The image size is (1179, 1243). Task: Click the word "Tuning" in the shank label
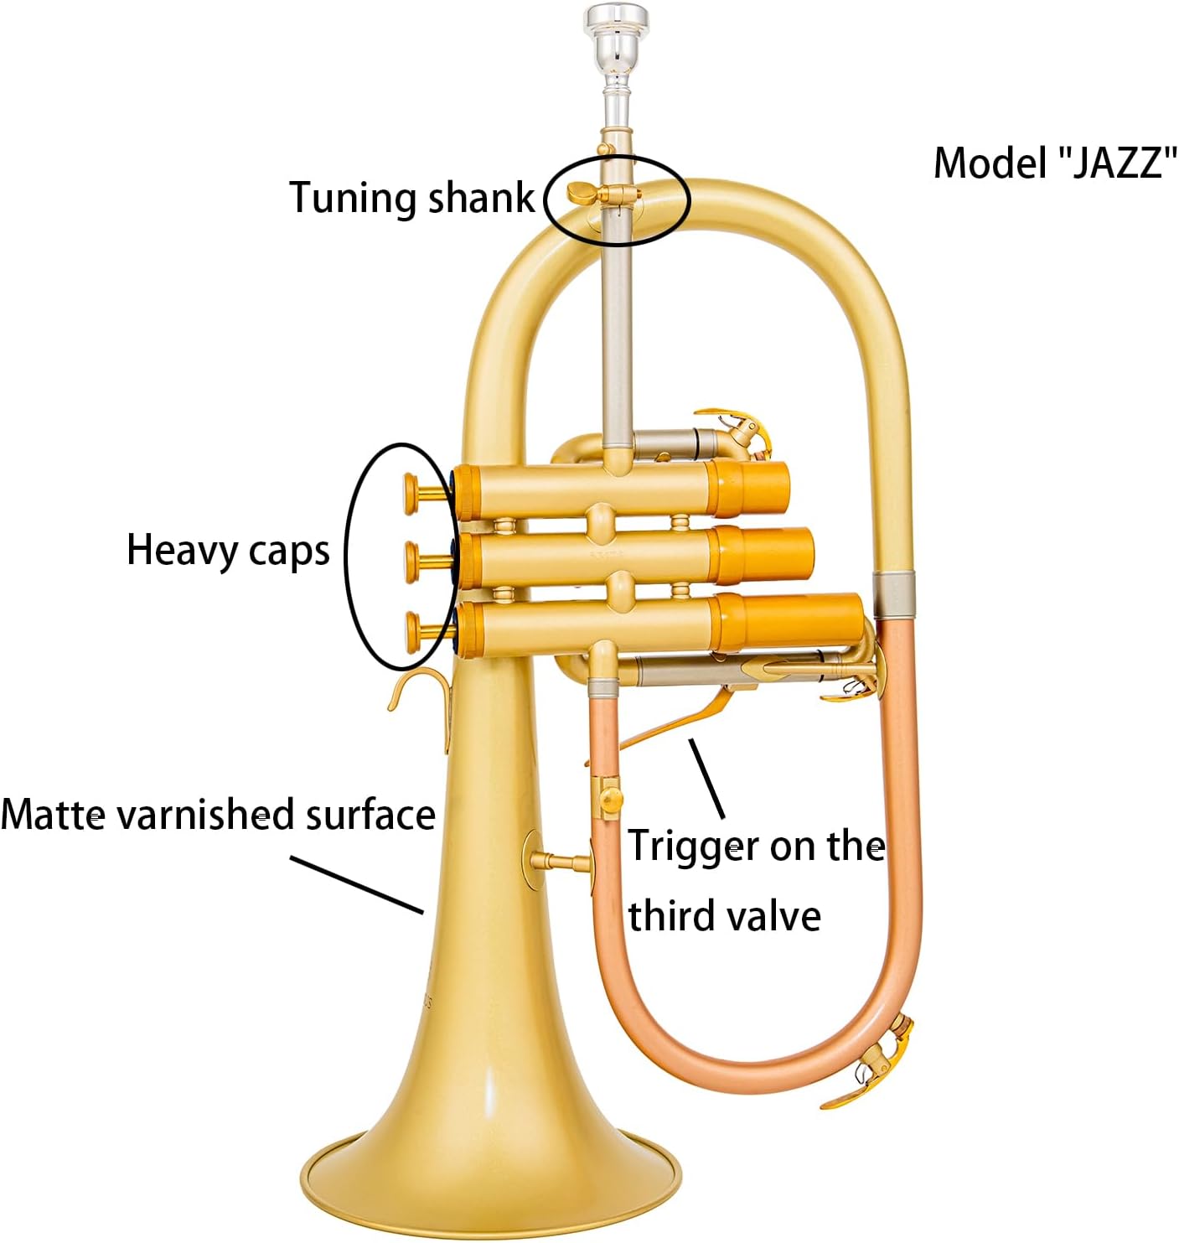pos(353,198)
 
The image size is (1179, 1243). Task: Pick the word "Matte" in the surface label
pos(52,815)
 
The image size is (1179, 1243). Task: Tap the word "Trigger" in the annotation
pos(691,847)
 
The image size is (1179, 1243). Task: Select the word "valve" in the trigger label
pos(775,915)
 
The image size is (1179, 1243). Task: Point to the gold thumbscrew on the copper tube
pos(612,797)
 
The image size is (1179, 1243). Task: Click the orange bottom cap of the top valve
pos(751,487)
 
